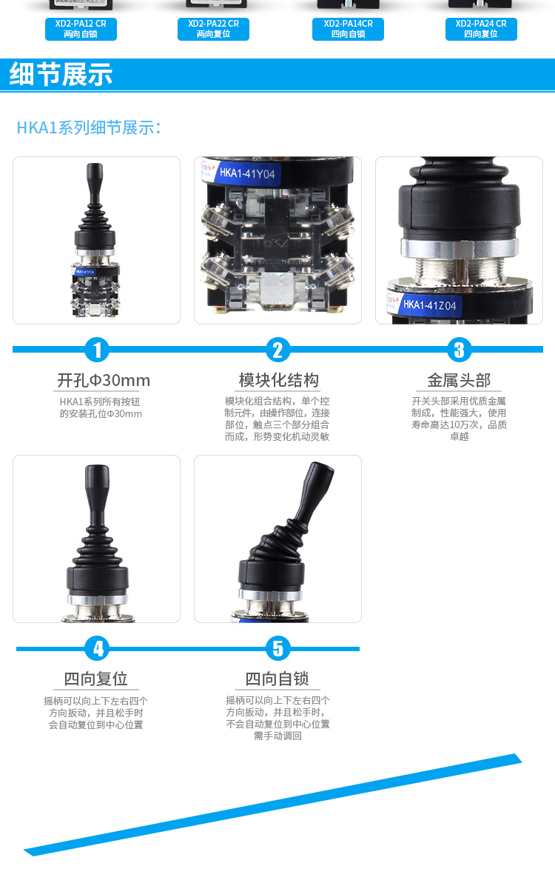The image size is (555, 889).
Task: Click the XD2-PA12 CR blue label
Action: pyautogui.click(x=80, y=29)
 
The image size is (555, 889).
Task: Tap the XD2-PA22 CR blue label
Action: pyautogui.click(x=213, y=29)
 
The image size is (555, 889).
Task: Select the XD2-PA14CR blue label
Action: pyautogui.click(x=348, y=29)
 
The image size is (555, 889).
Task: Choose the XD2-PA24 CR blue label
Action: pyautogui.click(x=481, y=29)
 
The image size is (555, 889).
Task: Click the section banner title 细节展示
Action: pyautogui.click(x=61, y=75)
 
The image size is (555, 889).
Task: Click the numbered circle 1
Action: pyautogui.click(x=97, y=349)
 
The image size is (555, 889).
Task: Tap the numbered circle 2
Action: pyautogui.click(x=277, y=349)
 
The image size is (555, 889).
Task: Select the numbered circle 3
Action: pyautogui.click(x=459, y=349)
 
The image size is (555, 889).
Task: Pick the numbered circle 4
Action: pyautogui.click(x=97, y=648)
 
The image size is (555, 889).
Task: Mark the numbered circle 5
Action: pyautogui.click(x=277, y=648)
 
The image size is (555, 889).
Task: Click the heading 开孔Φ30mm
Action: pyautogui.click(x=104, y=381)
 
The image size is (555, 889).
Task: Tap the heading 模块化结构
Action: pyautogui.click(x=278, y=381)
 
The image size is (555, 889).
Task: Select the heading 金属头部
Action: pyautogui.click(x=459, y=381)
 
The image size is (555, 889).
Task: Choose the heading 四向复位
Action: pyautogui.click(x=96, y=679)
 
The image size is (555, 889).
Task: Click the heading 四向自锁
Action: pyautogui.click(x=277, y=679)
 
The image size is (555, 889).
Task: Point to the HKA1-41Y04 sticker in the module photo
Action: pyautogui.click(x=246, y=175)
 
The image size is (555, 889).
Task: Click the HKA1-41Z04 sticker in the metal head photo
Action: pyautogui.click(x=429, y=304)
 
